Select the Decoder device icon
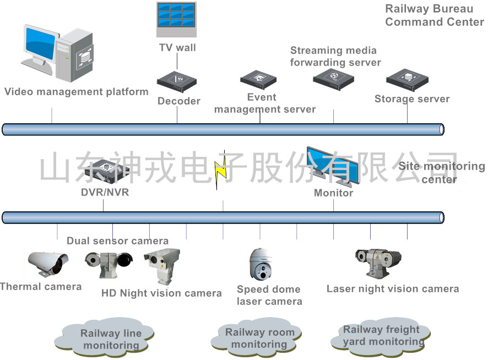pyautogui.click(x=176, y=81)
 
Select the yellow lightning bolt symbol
pyautogui.click(x=221, y=170)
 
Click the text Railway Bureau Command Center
pyautogui.click(x=434, y=15)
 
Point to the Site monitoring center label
pyautogui.click(x=441, y=172)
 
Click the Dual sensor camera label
pyautogui.click(x=117, y=241)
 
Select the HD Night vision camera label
pyautogui.click(x=161, y=293)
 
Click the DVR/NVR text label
pyautogui.click(x=105, y=193)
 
